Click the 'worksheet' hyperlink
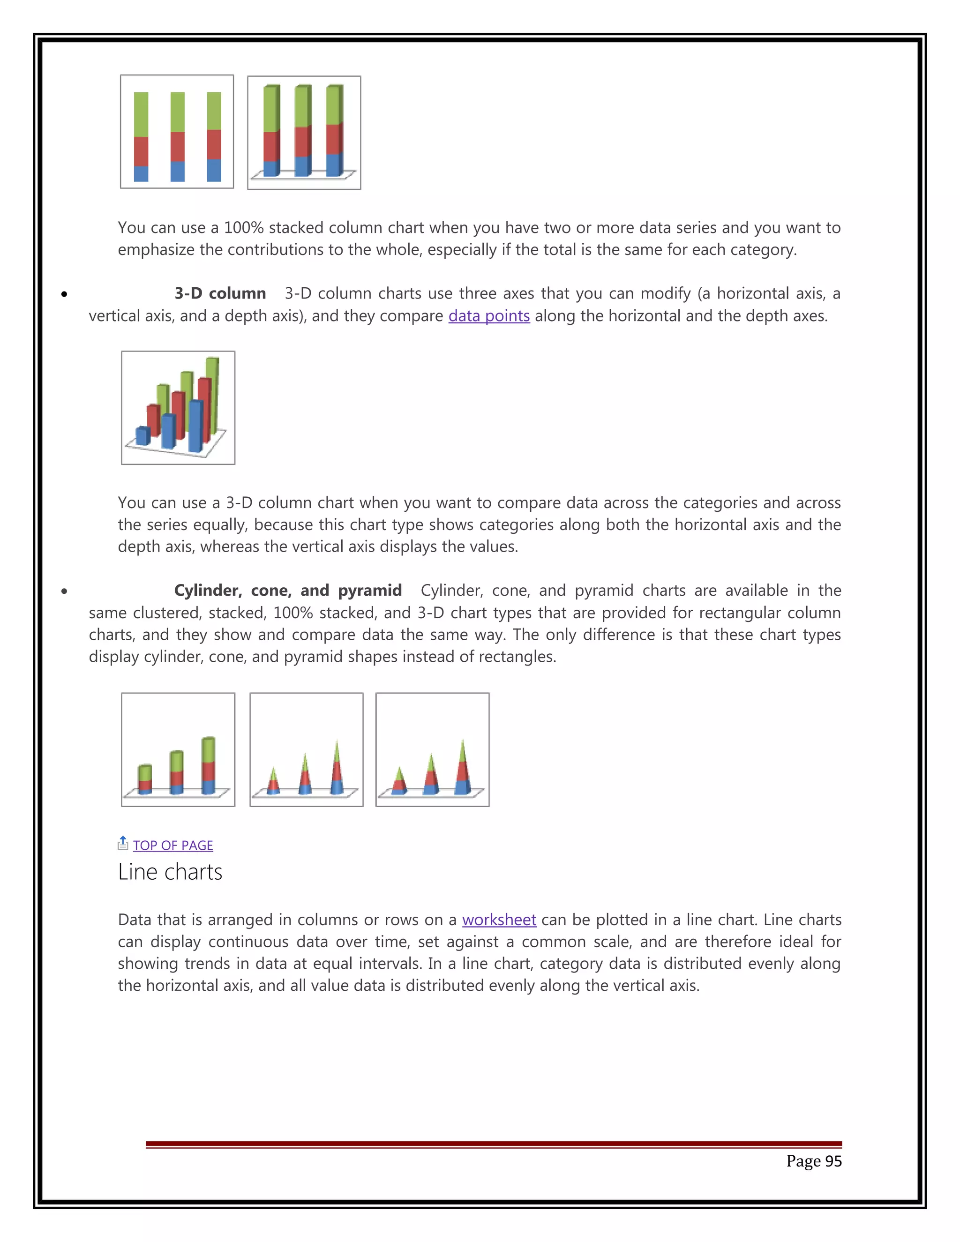pos(499,920)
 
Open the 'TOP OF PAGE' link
pos(173,845)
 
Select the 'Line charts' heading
pos(170,872)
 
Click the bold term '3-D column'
pos(220,293)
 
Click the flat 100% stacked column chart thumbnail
pos(177,131)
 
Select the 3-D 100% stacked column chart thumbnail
pos(304,133)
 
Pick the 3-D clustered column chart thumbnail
pos(178,408)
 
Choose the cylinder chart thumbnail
pos(178,749)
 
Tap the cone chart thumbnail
pos(307,749)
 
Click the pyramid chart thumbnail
pos(432,749)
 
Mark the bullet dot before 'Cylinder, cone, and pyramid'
pos(64,591)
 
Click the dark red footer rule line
pos(493,1144)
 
